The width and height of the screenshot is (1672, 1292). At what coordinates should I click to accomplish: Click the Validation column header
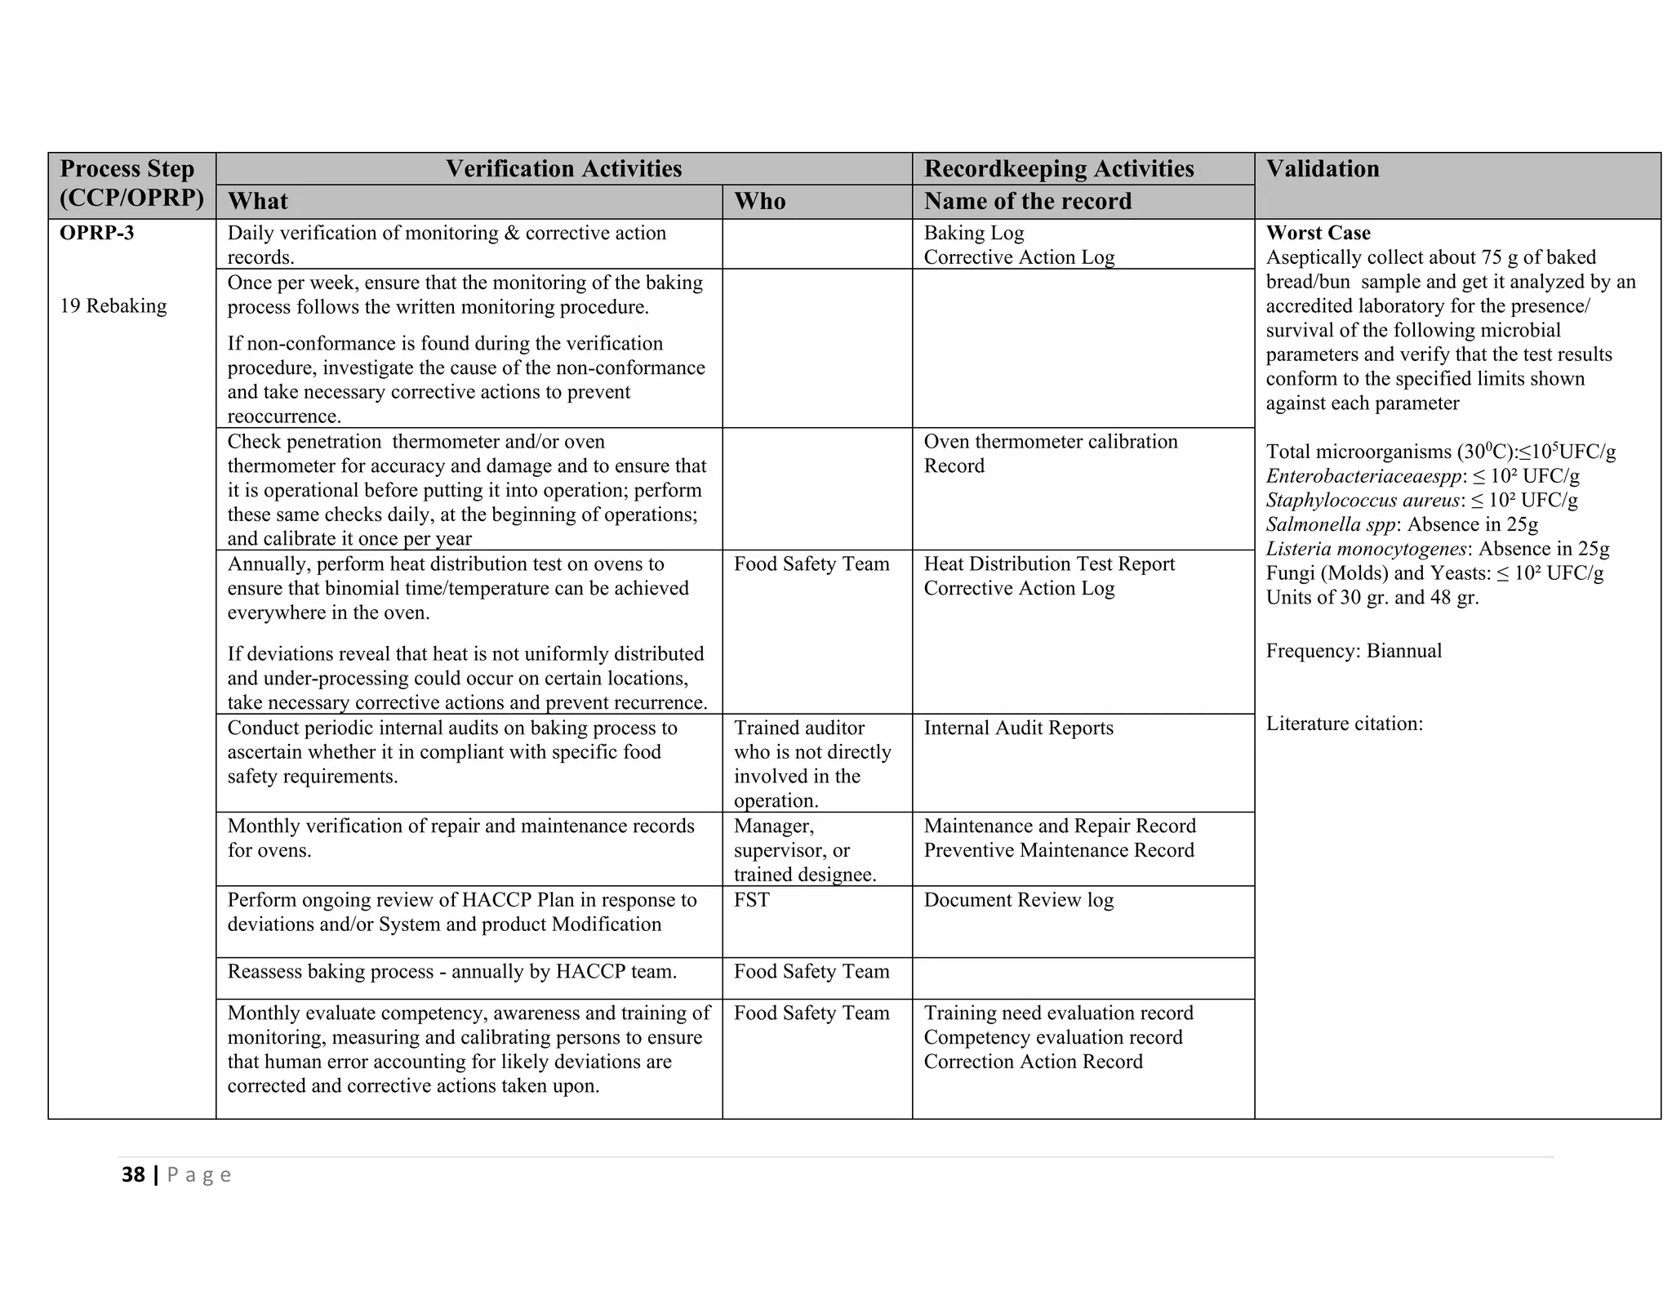tap(1322, 169)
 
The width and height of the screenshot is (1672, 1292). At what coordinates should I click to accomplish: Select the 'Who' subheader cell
tap(759, 202)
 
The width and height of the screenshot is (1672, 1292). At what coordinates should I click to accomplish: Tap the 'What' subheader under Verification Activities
tap(257, 202)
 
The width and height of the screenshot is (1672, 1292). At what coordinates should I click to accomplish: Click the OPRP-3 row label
tap(97, 234)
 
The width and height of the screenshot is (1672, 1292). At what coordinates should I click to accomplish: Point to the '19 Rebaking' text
tap(113, 306)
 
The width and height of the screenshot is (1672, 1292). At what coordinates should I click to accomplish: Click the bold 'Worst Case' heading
tap(1318, 234)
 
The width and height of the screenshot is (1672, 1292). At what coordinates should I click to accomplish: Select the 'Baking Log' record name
tap(973, 234)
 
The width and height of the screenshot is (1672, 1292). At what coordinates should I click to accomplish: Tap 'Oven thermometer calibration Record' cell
tap(1050, 454)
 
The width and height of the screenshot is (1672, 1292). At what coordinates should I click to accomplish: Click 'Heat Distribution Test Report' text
tap(1049, 564)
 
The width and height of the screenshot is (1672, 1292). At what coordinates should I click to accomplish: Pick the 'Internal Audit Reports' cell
tap(1018, 728)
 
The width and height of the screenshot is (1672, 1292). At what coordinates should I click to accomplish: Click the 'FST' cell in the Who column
tap(751, 900)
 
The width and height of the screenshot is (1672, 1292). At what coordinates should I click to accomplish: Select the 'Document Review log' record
tap(1018, 900)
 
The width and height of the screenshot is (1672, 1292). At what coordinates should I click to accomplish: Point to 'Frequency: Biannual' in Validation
tap(1354, 651)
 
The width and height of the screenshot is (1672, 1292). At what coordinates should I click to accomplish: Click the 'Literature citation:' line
tap(1344, 724)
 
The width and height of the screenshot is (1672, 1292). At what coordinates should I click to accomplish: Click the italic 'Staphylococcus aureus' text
tap(1362, 501)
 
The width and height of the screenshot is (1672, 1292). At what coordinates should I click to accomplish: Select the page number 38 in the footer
tap(133, 1175)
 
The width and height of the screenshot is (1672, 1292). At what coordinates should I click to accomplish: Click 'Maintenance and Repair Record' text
tap(1059, 826)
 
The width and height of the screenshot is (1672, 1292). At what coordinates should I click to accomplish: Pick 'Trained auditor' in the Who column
tap(798, 728)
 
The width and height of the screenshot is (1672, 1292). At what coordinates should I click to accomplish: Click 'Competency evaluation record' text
tap(1052, 1038)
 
